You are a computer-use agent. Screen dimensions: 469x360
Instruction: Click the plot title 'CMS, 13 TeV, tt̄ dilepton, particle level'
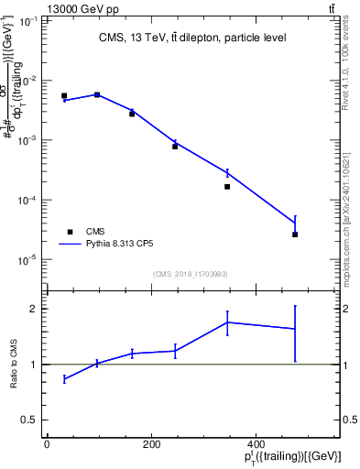pyautogui.click(x=191, y=38)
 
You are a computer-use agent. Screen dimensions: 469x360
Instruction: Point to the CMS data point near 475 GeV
pyautogui.click(x=295, y=234)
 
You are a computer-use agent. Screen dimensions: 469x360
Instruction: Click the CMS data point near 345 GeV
pyautogui.click(x=227, y=187)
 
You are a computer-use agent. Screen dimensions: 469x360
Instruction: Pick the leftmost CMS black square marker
pyautogui.click(x=64, y=95)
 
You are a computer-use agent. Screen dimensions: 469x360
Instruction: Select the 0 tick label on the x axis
pyautogui.click(x=47, y=445)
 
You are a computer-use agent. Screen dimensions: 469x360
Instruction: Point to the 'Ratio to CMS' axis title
pyautogui.click(x=13, y=364)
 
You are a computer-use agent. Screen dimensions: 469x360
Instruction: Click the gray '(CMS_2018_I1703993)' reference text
pyautogui.click(x=191, y=274)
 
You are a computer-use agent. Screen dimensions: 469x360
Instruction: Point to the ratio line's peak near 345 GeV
pyautogui.click(x=227, y=322)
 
